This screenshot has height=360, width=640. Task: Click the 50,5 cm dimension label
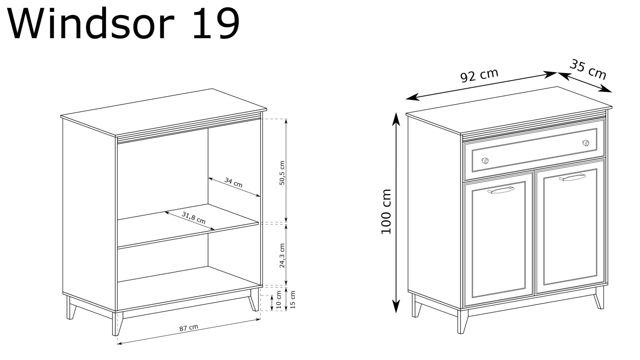[x=282, y=173]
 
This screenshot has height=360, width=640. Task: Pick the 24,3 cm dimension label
[x=282, y=256]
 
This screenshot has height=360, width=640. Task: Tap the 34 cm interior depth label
[x=233, y=182]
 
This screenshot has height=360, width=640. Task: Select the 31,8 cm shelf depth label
[x=194, y=218]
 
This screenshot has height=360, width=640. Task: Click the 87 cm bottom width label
[x=189, y=328]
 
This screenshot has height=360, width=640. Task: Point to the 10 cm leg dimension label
[x=279, y=299]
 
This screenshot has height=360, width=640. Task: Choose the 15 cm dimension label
[x=293, y=299]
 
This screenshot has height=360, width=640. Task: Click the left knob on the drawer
[x=485, y=161]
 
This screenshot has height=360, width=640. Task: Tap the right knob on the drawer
[x=585, y=143]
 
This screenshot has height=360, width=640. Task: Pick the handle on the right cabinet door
[x=572, y=177]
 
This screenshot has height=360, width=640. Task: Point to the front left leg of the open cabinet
[x=117, y=323]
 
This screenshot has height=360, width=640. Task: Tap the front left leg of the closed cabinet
[x=462, y=321]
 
